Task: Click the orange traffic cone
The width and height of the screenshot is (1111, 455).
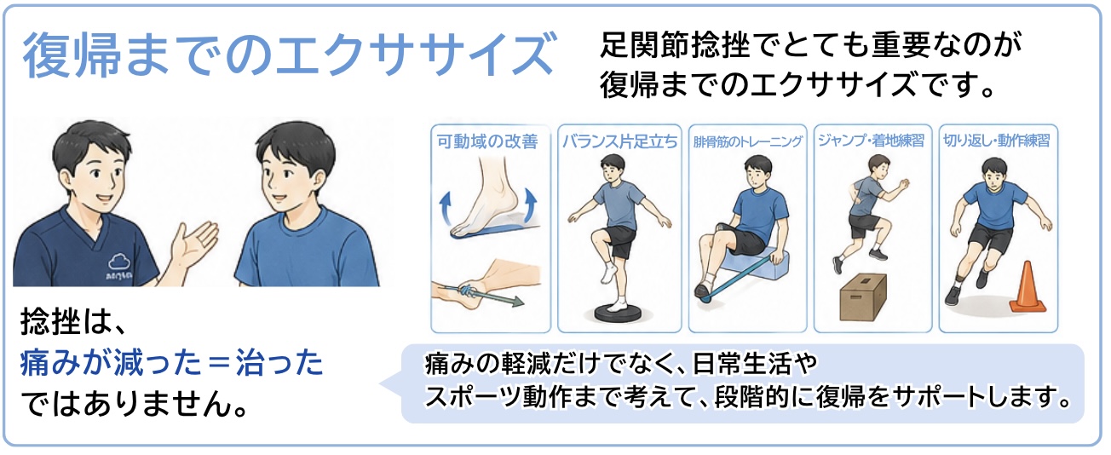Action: (x=1028, y=288)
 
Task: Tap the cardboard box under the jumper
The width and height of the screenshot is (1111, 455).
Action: (x=863, y=297)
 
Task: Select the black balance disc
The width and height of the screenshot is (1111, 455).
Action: (x=619, y=313)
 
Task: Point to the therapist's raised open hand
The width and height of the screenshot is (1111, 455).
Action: (x=193, y=245)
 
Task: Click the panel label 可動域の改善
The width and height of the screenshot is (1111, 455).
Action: (x=487, y=142)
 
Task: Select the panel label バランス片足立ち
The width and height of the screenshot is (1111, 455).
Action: (x=619, y=142)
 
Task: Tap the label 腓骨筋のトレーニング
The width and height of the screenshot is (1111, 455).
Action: (x=747, y=142)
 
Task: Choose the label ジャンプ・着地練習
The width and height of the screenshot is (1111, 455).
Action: (x=872, y=141)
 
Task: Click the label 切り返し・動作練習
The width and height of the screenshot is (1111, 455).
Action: (x=997, y=141)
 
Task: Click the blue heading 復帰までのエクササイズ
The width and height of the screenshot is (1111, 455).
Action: (x=289, y=55)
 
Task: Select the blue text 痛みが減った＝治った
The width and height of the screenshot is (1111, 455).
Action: (x=172, y=363)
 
